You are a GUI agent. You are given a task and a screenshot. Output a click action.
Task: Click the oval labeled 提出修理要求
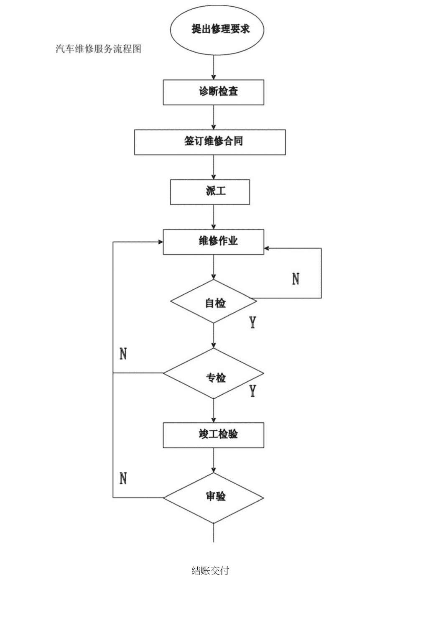coord(217,30)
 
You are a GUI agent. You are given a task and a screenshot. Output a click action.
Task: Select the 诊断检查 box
coord(213,92)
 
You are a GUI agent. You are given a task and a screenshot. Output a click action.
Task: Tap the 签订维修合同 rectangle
coord(210,142)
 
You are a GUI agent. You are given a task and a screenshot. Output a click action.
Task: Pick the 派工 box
coord(210,192)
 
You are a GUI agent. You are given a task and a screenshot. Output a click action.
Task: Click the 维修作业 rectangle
coord(213,242)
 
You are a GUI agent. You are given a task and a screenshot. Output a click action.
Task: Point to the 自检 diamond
coord(213,301)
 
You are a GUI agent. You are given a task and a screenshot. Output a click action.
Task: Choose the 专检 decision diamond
coord(213,373)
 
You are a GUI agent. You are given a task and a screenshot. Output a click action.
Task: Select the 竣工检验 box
coord(213,435)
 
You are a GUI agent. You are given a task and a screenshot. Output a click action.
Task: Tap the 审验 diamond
coord(213,498)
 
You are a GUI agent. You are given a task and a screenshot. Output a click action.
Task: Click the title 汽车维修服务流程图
coord(98,49)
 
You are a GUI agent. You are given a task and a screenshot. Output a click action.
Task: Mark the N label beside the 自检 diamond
coord(296,279)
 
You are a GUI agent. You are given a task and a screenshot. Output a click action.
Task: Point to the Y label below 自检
coord(253,322)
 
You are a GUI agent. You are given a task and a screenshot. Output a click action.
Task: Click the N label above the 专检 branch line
coord(123,354)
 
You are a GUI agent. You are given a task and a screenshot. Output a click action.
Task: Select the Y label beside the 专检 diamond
coord(253,391)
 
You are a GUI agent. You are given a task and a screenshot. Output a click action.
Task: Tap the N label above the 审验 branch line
coord(123,478)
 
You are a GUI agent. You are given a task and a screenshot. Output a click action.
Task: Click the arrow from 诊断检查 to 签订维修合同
coord(213,117)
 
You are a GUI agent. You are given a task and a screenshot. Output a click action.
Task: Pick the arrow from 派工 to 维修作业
coord(213,217)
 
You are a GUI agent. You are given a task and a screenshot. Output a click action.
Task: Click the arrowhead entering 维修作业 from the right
coord(266,248)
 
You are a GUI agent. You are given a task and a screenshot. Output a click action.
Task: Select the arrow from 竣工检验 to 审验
coord(213,460)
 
